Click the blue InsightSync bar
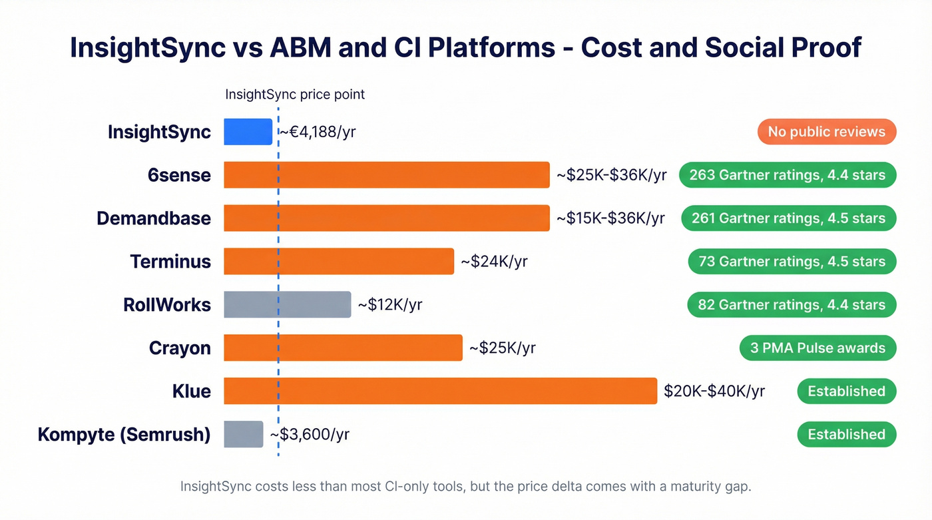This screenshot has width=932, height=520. (248, 132)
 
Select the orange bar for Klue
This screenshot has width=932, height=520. (440, 391)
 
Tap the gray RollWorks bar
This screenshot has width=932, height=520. (287, 304)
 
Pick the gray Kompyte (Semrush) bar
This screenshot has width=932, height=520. (243, 434)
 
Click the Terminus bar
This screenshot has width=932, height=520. (338, 261)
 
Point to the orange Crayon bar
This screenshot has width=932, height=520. (343, 348)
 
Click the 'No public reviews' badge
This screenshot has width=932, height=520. (826, 132)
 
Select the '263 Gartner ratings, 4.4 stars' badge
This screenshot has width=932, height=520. (787, 175)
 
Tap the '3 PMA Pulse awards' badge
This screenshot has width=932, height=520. (817, 348)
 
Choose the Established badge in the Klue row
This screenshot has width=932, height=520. (846, 391)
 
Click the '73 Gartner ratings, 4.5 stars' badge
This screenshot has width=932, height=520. (792, 261)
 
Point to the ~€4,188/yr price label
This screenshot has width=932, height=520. (318, 132)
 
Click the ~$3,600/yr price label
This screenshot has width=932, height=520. (310, 435)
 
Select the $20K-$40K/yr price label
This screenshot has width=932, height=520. (714, 391)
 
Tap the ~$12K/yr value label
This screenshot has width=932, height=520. (389, 305)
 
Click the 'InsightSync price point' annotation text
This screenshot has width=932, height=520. (295, 94)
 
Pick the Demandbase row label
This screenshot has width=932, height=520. (154, 218)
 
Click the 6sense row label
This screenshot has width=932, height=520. (179, 175)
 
